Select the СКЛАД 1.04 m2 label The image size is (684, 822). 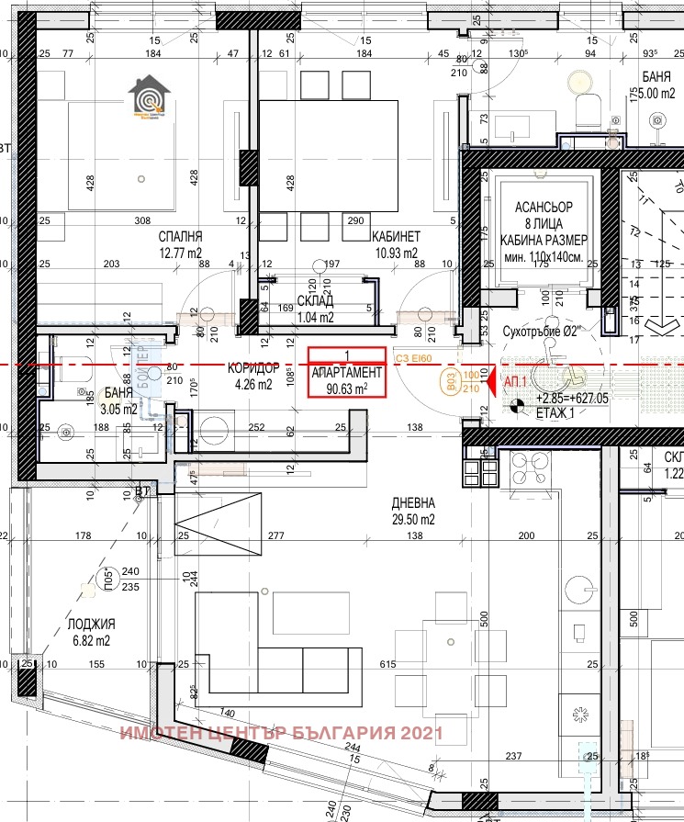(315, 300)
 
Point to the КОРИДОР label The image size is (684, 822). (252, 367)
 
